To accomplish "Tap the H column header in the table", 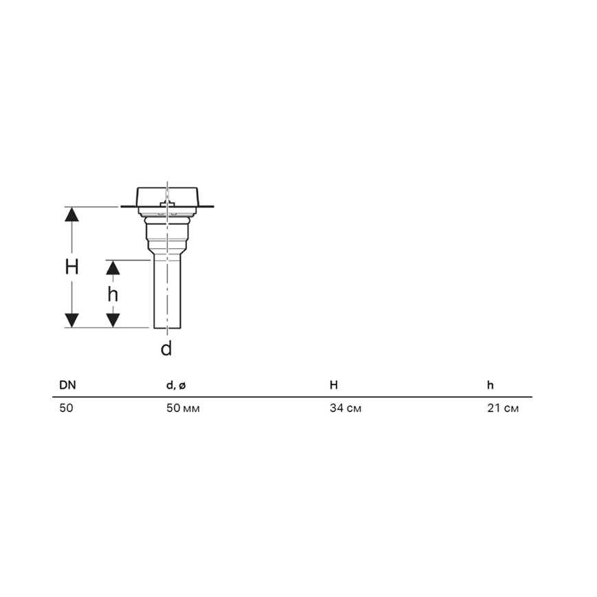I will [x=334, y=385].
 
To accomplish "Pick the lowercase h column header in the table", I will [x=490, y=385].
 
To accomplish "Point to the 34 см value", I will [x=345, y=409].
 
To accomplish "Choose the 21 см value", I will [x=503, y=409].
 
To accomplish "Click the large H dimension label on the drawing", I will [x=72, y=267].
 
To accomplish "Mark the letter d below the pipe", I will [x=166, y=349].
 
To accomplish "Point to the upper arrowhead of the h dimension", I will [x=113, y=268].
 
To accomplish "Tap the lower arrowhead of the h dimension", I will [x=113, y=320].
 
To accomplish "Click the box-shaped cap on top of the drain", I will [x=167, y=195].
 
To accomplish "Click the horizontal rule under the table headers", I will [x=292, y=397].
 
